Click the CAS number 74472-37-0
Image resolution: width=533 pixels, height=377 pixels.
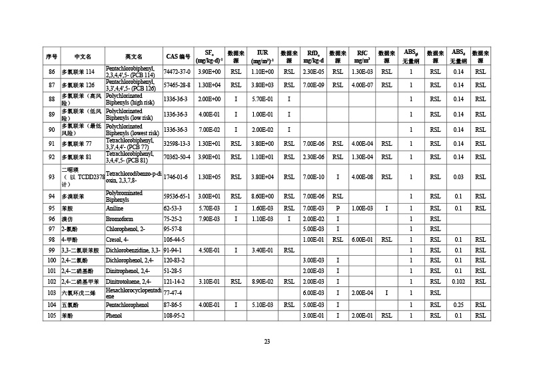(x=177, y=71)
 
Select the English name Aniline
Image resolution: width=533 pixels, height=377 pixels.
(x=115, y=208)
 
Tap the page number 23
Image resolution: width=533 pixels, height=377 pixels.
(x=266, y=342)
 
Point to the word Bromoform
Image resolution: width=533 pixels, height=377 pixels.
(x=120, y=218)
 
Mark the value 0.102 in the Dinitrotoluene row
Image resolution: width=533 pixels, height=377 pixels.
(x=458, y=282)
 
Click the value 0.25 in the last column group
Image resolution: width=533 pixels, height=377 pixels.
(x=458, y=305)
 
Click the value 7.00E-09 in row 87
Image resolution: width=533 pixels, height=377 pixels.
(x=313, y=85)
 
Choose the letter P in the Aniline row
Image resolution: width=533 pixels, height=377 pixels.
(x=338, y=208)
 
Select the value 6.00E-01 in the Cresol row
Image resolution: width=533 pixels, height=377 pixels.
(x=362, y=239)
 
